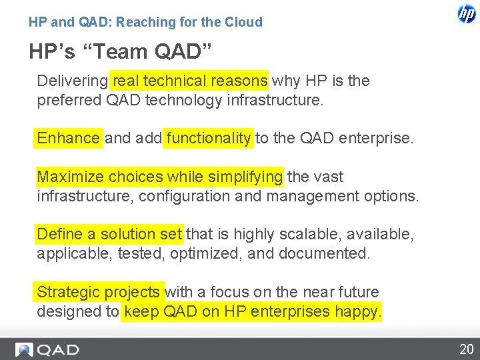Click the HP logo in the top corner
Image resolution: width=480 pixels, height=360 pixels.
[x=466, y=14]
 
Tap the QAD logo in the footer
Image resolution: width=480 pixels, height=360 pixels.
[x=48, y=349]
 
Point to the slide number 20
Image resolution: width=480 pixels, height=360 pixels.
[x=465, y=349]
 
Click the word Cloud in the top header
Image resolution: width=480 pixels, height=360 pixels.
[x=243, y=22]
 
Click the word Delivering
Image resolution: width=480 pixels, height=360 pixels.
[x=72, y=81]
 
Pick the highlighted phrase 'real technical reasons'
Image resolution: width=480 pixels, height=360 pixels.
[x=190, y=81]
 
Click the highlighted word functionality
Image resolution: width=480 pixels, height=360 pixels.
[x=209, y=139]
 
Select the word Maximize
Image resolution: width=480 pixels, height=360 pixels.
[x=71, y=177]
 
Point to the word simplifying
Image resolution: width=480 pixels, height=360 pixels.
[x=245, y=177]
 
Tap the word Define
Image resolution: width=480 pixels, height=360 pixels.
[x=59, y=235]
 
